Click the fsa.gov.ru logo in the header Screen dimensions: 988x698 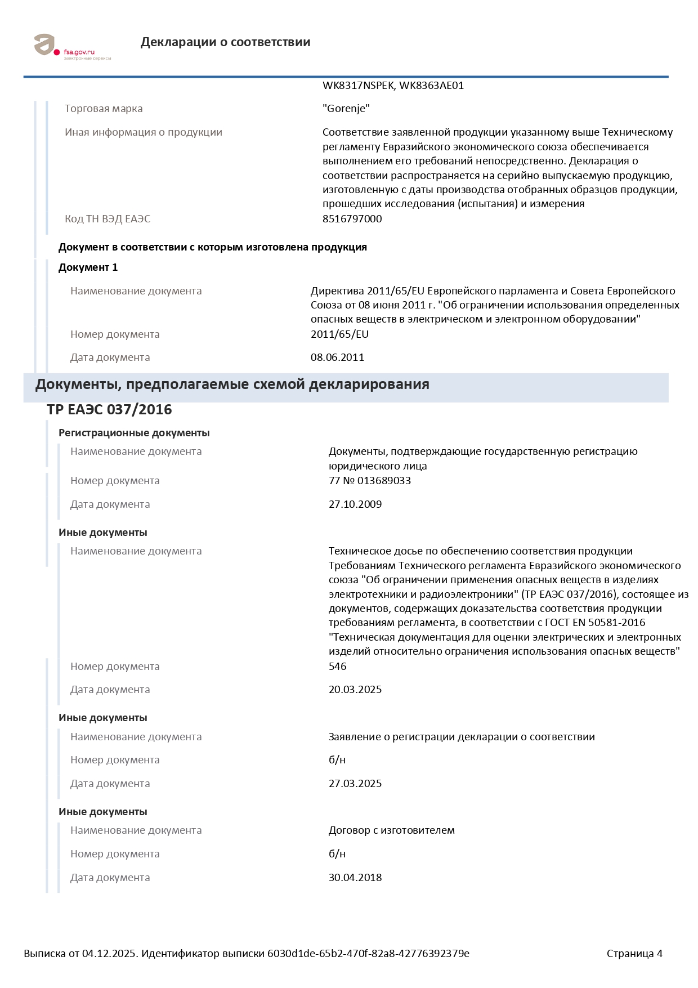point(72,46)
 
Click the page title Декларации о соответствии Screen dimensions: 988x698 point(225,42)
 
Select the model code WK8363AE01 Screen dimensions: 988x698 point(431,86)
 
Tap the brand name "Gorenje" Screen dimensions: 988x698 point(346,109)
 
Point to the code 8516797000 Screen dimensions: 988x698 point(352,219)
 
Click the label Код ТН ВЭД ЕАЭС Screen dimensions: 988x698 point(108,219)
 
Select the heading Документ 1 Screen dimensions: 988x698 point(88,267)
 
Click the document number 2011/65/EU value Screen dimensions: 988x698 point(339,334)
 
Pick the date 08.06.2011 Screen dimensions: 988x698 point(337,357)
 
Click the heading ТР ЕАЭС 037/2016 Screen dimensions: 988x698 point(109,410)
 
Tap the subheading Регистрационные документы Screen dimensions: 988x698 point(134,433)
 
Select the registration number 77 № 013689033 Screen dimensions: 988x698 point(369,481)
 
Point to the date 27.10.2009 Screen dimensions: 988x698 point(355,504)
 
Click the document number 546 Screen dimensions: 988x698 point(337,667)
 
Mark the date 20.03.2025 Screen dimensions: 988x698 point(355,690)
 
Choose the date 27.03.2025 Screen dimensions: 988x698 point(355,784)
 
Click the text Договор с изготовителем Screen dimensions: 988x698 point(391,830)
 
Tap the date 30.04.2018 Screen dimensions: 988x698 point(355,878)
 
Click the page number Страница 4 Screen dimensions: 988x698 point(634,954)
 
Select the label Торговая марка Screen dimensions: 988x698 point(104,109)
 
